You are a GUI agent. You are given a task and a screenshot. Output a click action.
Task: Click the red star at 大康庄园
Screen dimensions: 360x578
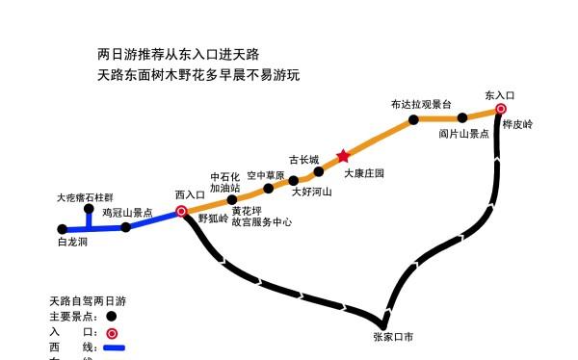point(342,156)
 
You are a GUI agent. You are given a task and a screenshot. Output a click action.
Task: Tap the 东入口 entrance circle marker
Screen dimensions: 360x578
point(501,109)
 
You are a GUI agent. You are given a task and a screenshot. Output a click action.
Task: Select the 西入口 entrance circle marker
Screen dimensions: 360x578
point(181,213)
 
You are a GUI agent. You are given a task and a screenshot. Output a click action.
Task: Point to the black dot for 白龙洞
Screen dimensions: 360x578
point(63,229)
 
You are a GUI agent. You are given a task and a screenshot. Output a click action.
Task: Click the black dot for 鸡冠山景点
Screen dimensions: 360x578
point(126,228)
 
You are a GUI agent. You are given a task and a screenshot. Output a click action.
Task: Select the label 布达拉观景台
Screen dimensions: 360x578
point(421,103)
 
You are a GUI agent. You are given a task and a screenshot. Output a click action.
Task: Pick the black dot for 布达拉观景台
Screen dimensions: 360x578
point(413,120)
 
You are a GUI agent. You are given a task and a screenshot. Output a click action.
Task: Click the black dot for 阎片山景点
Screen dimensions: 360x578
point(463,116)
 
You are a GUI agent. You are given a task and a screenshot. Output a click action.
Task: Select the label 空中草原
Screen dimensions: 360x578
point(266,176)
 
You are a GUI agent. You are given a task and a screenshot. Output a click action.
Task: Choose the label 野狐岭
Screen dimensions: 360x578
point(213,219)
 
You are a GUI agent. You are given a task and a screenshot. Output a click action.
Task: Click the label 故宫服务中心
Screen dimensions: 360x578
point(261,222)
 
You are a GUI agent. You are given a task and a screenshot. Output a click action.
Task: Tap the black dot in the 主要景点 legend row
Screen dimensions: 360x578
point(112,316)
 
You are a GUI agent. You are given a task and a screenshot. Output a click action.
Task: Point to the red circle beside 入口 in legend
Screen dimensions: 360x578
point(112,332)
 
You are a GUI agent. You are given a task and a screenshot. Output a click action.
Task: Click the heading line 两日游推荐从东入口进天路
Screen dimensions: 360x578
point(178,55)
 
